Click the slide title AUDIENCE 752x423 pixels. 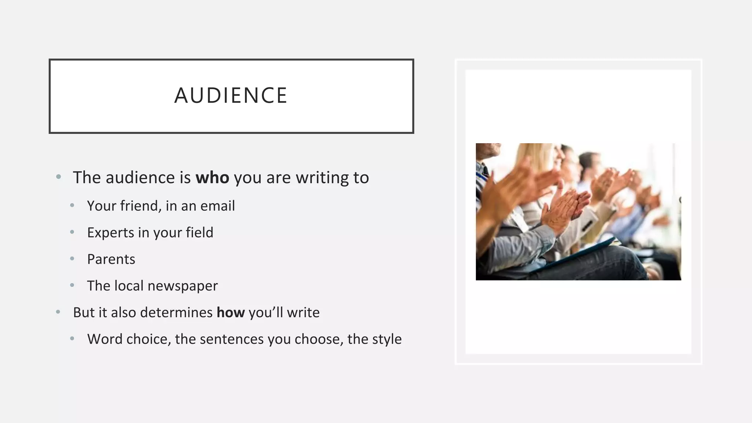point(231,95)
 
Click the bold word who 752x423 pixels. point(212,178)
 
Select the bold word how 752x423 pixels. point(231,312)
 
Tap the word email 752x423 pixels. point(218,206)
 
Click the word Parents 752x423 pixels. point(111,259)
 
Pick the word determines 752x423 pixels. point(176,312)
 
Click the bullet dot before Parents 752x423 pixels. point(72,259)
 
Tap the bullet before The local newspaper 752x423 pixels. point(72,285)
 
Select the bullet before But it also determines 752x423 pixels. point(58,312)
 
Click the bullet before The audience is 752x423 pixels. point(58,177)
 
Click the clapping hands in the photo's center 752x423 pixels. point(564,209)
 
